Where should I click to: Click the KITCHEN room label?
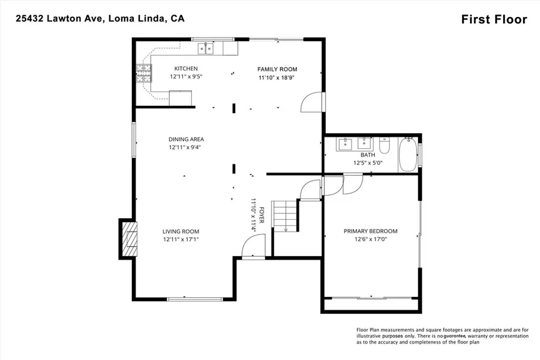tap(186, 69)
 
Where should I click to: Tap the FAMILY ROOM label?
tap(277, 69)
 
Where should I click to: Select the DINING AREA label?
tap(186, 139)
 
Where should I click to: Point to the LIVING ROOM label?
tap(180, 231)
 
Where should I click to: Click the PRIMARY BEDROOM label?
tap(370, 231)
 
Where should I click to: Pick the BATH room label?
tap(368, 155)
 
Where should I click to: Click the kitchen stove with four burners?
tap(143, 74)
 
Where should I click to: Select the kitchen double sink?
tap(206, 50)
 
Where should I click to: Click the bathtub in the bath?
tap(408, 154)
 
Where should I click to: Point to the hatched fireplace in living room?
tap(129, 239)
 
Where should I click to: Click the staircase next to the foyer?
tap(285, 216)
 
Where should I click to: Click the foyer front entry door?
tap(252, 247)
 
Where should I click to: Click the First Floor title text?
tap(494, 20)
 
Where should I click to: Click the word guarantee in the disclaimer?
tap(457, 336)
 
